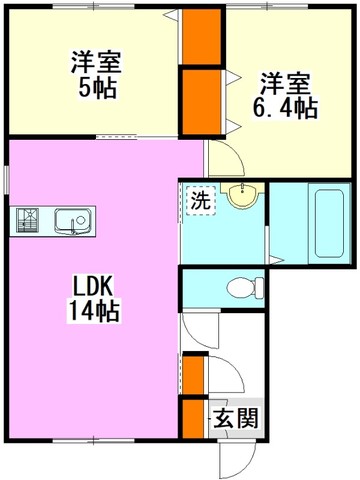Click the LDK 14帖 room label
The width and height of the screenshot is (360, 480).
coord(94,299)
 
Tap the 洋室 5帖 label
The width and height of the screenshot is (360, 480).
coord(96,75)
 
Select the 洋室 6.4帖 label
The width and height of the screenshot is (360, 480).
coord(285,96)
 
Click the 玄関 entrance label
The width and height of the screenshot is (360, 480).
coord(236,418)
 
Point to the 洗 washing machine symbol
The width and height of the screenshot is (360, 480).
coord(201,201)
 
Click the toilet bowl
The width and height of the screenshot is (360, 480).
coord(245,288)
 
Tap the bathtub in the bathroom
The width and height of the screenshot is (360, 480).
coord(329,223)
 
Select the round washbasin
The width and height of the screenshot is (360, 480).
coord(242,196)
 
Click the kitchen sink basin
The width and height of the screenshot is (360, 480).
coord(73,221)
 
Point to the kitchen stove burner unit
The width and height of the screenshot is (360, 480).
coord(28,220)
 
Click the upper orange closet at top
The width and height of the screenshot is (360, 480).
coord(202,36)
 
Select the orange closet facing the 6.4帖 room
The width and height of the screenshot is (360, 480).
coord(202,102)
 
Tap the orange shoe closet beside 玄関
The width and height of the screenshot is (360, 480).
coord(193,419)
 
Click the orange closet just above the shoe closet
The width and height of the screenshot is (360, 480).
coord(193,375)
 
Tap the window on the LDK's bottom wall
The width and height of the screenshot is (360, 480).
coord(94,440)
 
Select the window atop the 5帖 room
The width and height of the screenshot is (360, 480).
coord(94,6)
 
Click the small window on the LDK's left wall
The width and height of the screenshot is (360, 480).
coord(7,180)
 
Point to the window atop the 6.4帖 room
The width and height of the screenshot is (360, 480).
coord(268,6)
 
